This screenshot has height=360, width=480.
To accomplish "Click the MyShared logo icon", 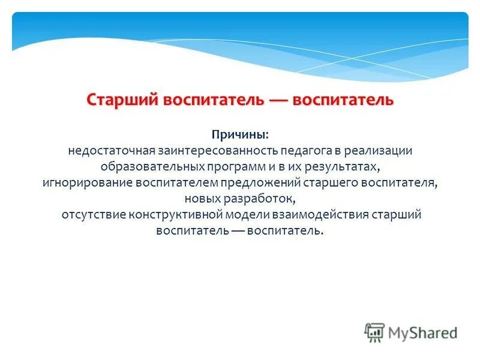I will point(374,332).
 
